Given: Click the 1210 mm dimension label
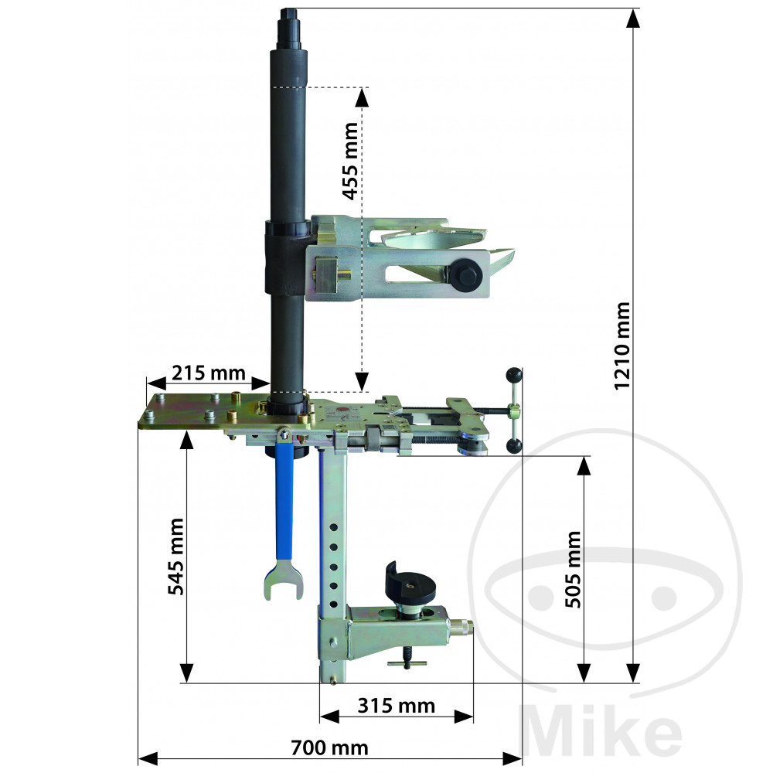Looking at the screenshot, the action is (622, 346).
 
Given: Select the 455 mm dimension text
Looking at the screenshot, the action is (350, 162).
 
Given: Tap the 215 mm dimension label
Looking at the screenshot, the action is (209, 373).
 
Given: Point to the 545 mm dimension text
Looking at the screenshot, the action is (176, 557).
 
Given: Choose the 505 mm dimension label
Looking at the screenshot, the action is (573, 570).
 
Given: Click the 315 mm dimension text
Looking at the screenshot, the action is (397, 706).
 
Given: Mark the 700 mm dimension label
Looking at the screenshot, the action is (329, 747).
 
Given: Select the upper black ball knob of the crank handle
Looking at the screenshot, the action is (513, 375).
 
